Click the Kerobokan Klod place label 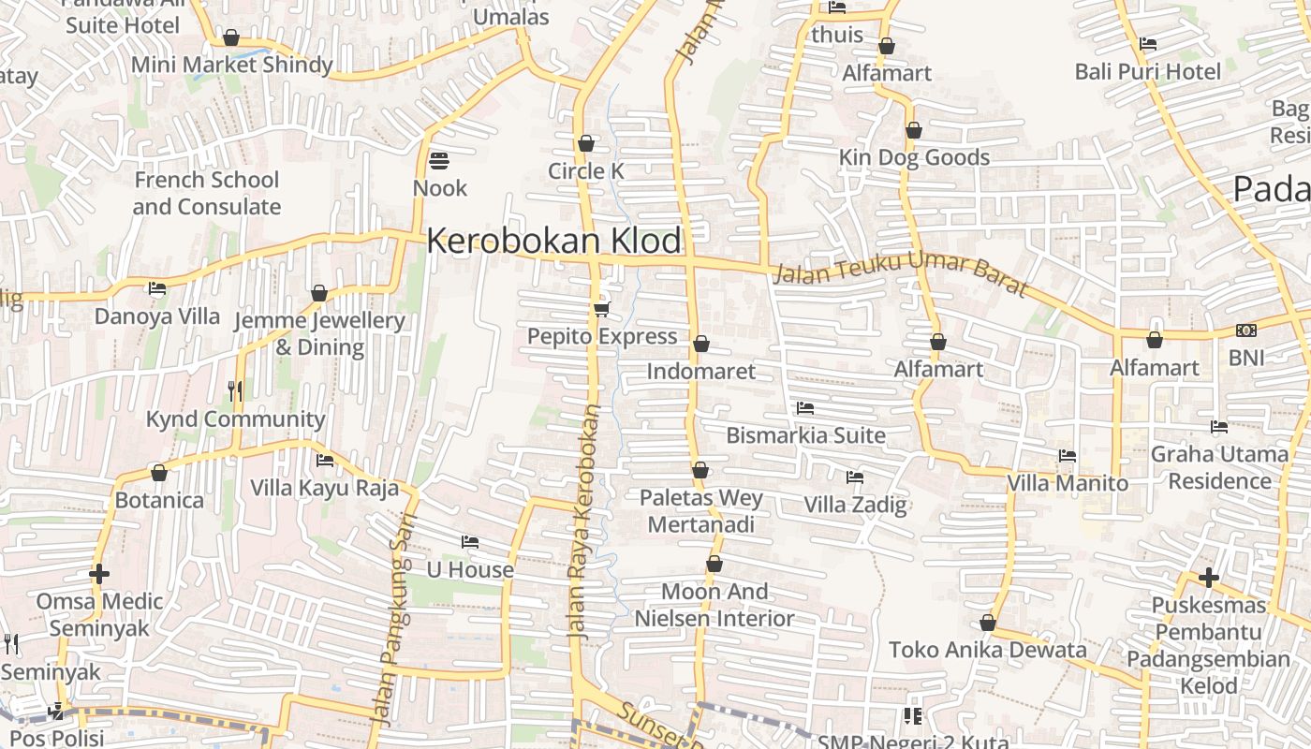[554, 242]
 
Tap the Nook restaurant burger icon [439, 161]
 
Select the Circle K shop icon [586, 143]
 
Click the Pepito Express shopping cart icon [601, 309]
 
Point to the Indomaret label [700, 372]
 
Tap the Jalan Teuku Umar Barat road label [901, 268]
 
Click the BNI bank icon [1246, 330]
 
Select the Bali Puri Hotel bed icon [1148, 44]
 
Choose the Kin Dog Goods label [914, 157]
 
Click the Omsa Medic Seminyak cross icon [99, 574]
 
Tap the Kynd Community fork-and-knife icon [235, 391]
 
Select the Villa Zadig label [855, 506]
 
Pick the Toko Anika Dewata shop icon [987, 623]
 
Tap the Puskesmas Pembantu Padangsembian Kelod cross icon [1209, 578]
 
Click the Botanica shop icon [159, 473]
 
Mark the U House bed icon [470, 542]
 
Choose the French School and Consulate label [206, 193]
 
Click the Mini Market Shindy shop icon [231, 37]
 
